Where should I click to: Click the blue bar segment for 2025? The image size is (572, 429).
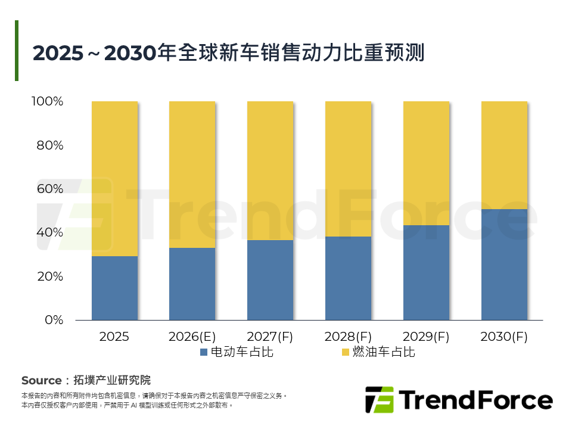[114, 288]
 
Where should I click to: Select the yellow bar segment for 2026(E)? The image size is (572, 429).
[192, 175]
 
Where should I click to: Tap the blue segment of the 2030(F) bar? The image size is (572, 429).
[504, 265]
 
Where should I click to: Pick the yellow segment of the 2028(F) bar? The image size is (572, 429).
[348, 169]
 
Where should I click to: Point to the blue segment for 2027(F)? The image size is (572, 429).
[270, 280]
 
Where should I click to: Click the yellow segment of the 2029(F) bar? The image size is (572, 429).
[426, 163]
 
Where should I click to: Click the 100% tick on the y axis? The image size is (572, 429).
[47, 101]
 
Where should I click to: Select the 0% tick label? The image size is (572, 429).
[54, 320]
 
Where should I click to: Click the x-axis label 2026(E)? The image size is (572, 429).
[192, 337]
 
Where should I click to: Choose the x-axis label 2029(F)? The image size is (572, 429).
[426, 337]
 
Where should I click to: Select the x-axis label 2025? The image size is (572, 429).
[114, 337]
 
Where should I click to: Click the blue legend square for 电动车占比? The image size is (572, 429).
[204, 352]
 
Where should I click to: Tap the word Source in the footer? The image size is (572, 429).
[41, 380]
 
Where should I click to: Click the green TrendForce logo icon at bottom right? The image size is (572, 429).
[379, 400]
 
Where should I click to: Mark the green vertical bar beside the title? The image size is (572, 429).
[17, 51]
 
